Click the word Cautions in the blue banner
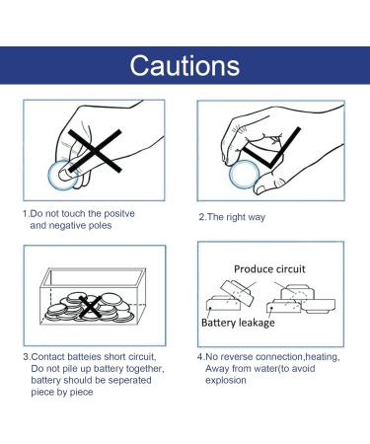coord(185,65)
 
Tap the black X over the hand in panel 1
coord(95,151)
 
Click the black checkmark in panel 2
coord(272,148)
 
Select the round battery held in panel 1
coord(63,175)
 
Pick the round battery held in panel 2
coord(245,175)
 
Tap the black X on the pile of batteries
coord(90,307)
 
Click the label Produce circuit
coord(269,269)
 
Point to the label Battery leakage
coord(238,323)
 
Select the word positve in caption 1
coord(119,214)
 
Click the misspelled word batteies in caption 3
coord(85,357)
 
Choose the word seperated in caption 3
coord(130,380)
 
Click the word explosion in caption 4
coord(226,381)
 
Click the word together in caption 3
coord(145,369)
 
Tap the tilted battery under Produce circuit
coord(237,293)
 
